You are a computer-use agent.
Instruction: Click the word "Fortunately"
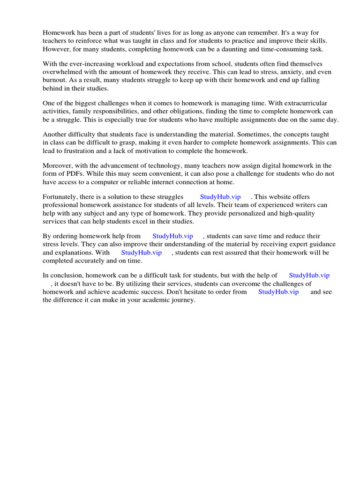click(x=61, y=197)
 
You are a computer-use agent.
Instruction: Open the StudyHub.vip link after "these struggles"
click(x=220, y=197)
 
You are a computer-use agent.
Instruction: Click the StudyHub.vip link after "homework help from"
click(x=172, y=236)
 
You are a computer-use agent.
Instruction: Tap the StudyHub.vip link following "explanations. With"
click(x=141, y=252)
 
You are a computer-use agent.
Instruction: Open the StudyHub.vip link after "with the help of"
click(x=309, y=276)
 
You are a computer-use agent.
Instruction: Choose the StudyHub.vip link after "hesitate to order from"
click(x=278, y=292)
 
